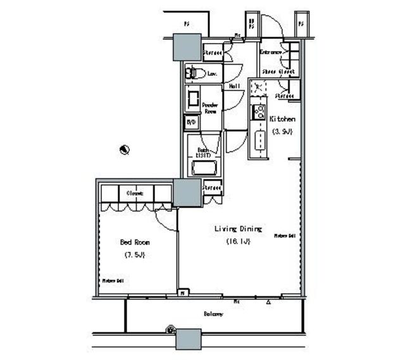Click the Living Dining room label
point(237,229)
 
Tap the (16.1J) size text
point(237,242)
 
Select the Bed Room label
point(135,242)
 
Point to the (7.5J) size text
point(135,255)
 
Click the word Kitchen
point(282,119)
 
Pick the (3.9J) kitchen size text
point(282,132)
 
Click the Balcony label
point(213,314)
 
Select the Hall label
point(234,86)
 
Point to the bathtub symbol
point(204,168)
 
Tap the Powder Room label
point(210,108)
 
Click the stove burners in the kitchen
point(258,113)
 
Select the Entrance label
point(270,53)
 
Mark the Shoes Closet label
point(278,73)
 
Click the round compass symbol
point(125,150)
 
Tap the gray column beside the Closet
point(187,193)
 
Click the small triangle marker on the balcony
point(269,302)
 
